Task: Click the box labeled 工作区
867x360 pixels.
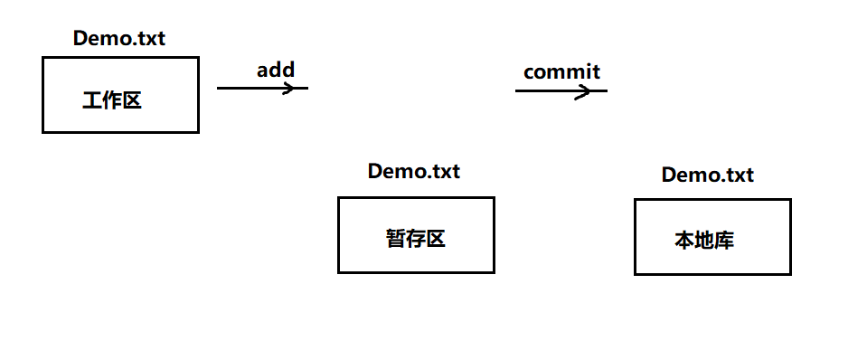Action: pyautogui.click(x=120, y=95)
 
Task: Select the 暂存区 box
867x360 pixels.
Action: pyautogui.click(x=416, y=235)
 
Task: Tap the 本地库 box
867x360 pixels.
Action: pyautogui.click(x=712, y=237)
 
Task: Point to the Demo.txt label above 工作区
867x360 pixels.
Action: pyautogui.click(x=119, y=39)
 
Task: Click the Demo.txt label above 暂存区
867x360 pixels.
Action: pyautogui.click(x=414, y=171)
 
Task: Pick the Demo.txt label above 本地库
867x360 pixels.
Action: pyautogui.click(x=708, y=175)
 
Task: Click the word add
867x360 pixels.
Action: pyautogui.click(x=276, y=70)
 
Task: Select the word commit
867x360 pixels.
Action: pyautogui.click(x=561, y=71)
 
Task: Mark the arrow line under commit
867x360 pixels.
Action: pyautogui.click(x=547, y=90)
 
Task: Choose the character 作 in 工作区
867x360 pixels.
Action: pyautogui.click(x=112, y=100)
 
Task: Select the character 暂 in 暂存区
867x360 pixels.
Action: pyautogui.click(x=396, y=239)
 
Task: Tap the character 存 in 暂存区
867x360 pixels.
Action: pyautogui.click(x=416, y=239)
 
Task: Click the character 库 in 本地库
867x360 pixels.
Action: pyautogui.click(x=723, y=242)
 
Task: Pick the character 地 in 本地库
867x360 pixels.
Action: pyautogui.click(x=704, y=242)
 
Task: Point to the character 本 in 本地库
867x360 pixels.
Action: pyautogui.click(x=684, y=242)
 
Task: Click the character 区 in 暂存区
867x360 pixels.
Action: pyautogui.click(x=436, y=239)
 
